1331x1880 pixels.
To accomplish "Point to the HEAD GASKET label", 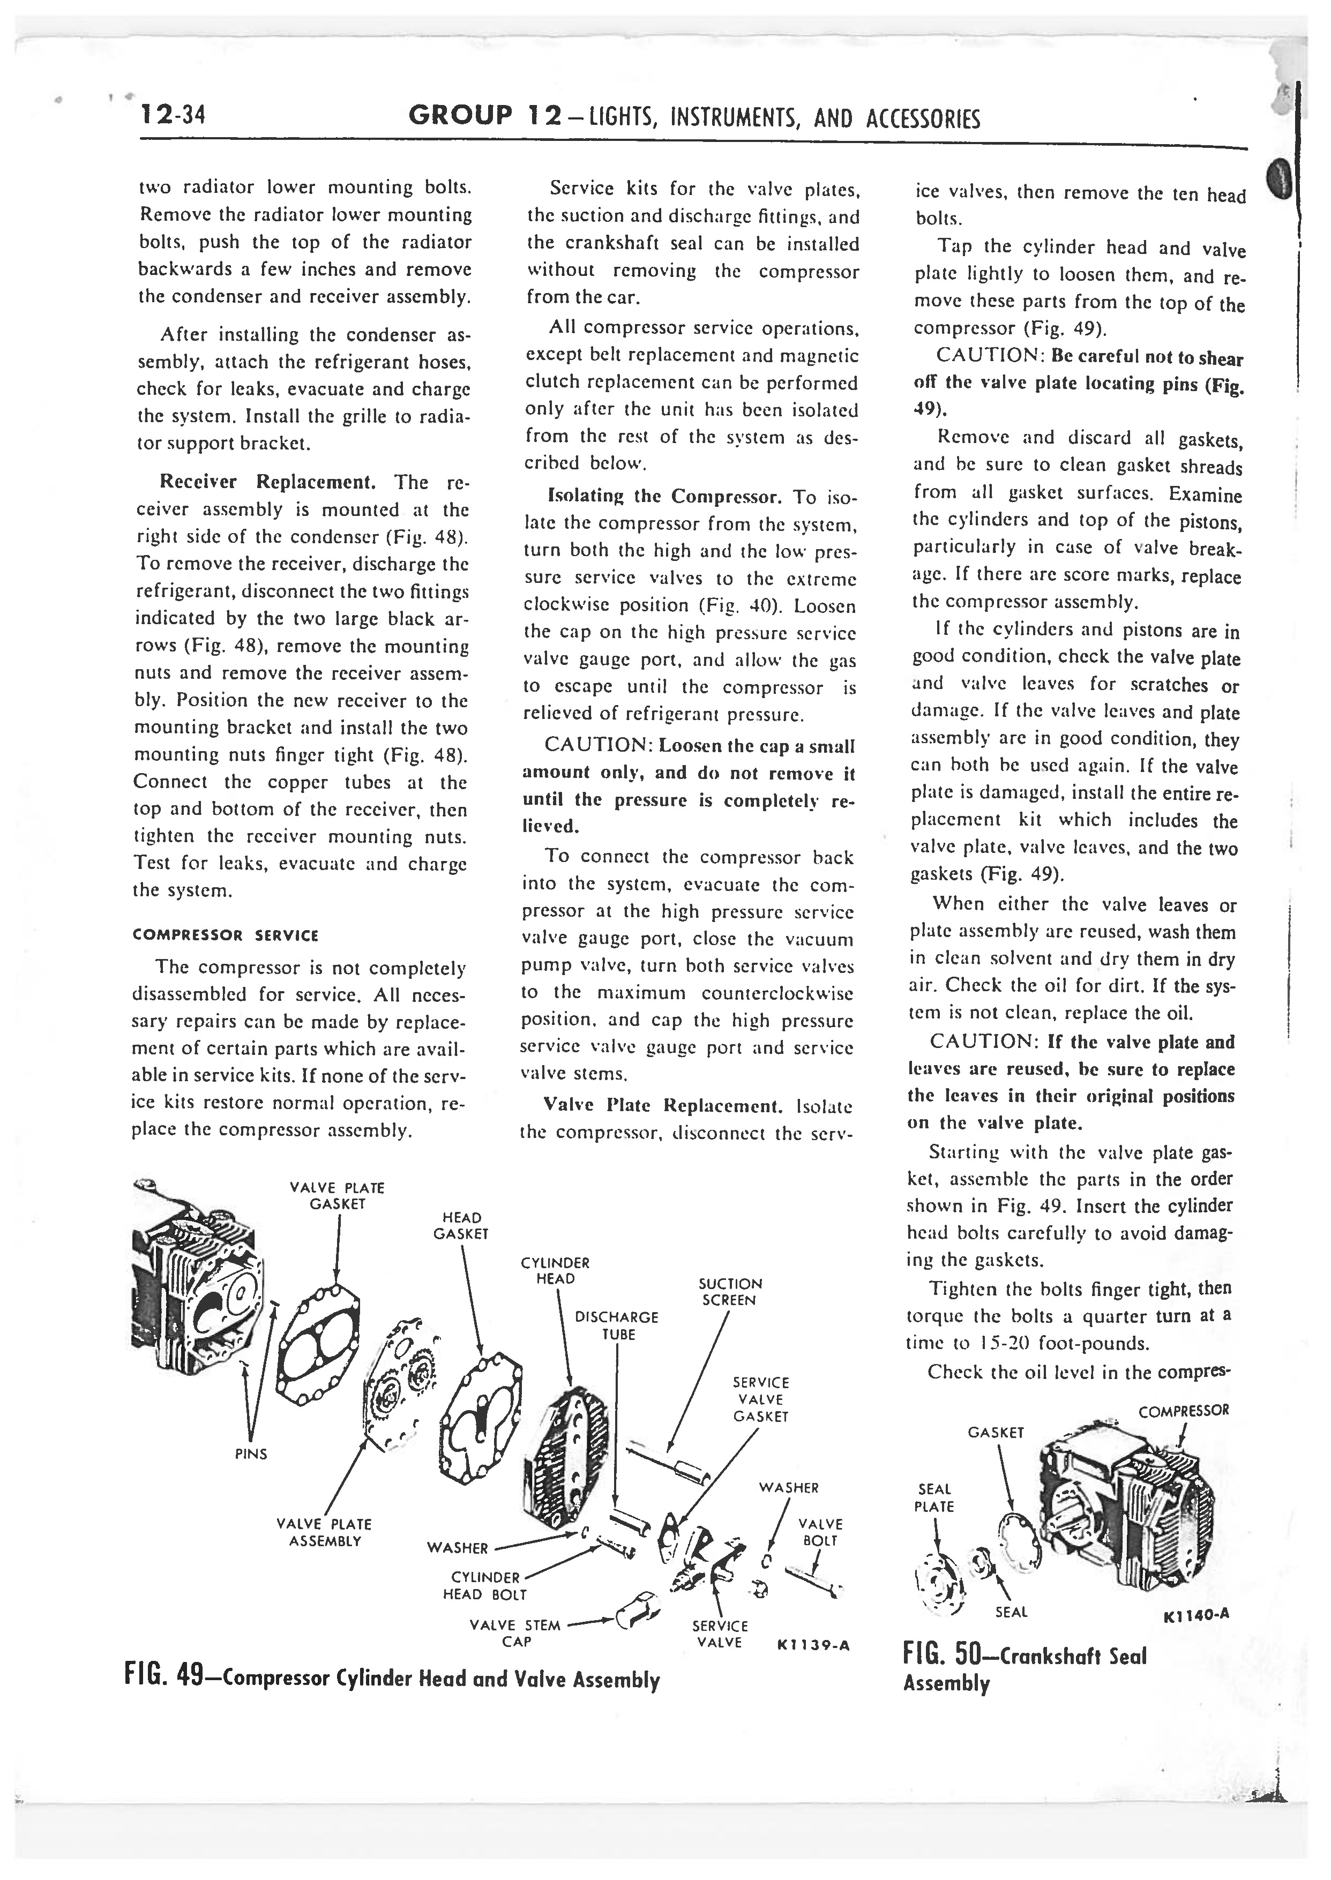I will click(461, 1225).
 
